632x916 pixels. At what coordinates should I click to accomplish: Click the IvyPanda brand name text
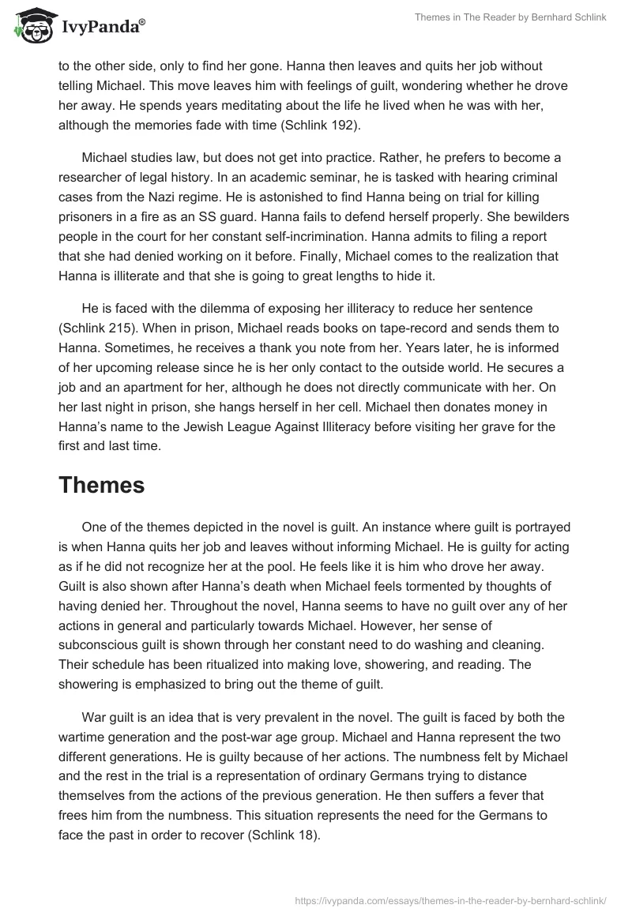[x=101, y=26]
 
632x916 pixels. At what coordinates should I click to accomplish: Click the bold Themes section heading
[x=101, y=485]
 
